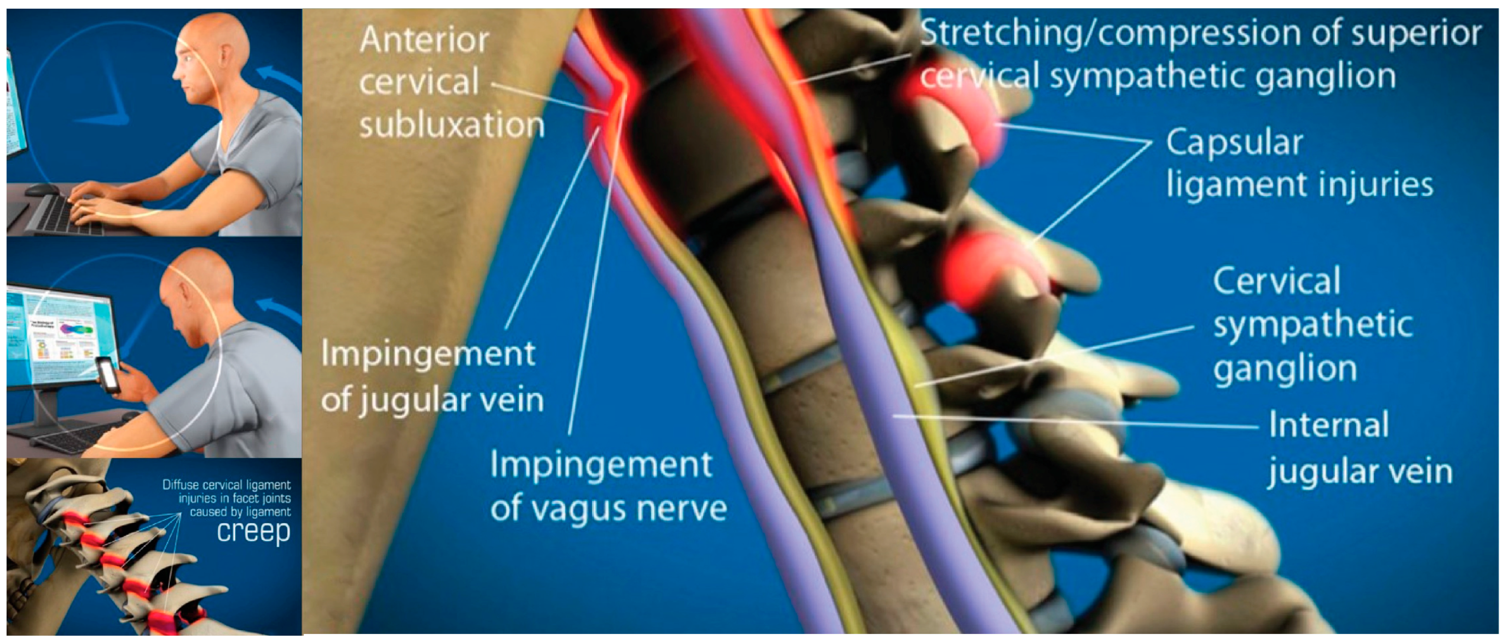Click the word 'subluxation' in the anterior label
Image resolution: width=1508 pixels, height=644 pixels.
click(451, 125)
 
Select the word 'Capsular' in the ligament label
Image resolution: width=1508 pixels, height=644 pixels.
click(1234, 143)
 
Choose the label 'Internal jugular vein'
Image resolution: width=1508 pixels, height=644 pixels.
click(1359, 448)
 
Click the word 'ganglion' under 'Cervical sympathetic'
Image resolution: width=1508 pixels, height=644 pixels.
click(1285, 369)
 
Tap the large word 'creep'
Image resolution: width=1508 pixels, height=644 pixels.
click(253, 531)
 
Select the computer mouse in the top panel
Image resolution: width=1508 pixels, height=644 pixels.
click(41, 189)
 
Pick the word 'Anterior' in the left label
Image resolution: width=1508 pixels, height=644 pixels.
click(424, 40)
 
